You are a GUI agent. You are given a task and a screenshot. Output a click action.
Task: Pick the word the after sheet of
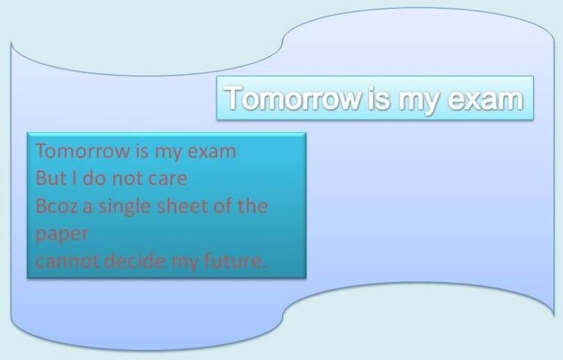pyautogui.click(x=252, y=206)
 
